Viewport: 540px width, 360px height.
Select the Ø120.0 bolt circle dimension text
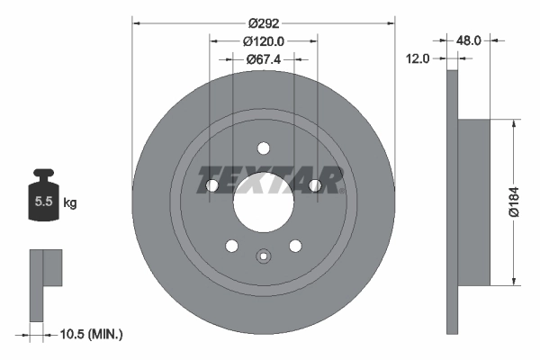(x=264, y=40)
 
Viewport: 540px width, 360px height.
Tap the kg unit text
(x=70, y=203)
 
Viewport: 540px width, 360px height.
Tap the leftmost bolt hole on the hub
(x=212, y=185)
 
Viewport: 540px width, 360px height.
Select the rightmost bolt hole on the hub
(x=314, y=185)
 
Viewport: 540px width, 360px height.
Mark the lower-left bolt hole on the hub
(x=231, y=245)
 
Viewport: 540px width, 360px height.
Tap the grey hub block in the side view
(x=474, y=202)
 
